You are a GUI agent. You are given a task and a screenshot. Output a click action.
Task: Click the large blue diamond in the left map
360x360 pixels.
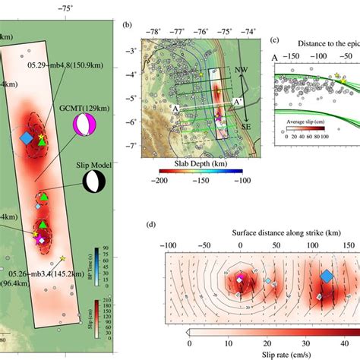27,137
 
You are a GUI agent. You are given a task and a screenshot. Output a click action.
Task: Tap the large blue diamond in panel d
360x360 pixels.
327,277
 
